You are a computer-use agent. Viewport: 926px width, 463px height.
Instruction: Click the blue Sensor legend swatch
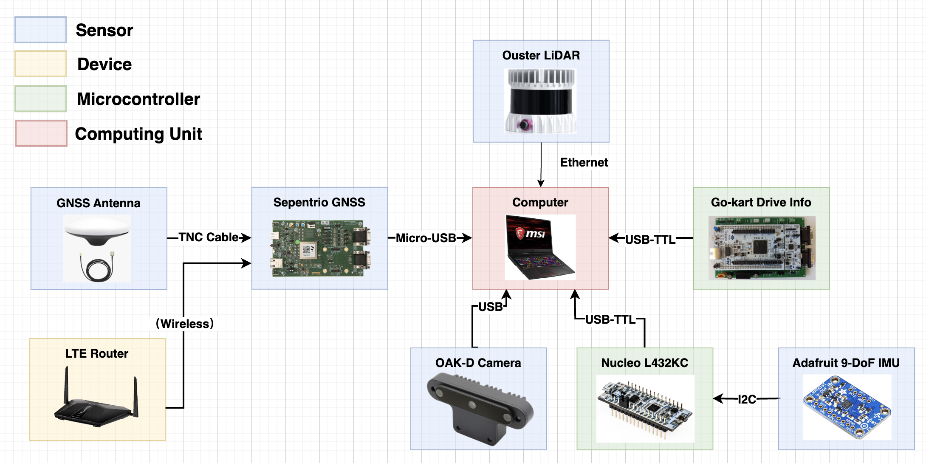(x=41, y=30)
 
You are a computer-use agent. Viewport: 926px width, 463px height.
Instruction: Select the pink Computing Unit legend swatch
(x=41, y=133)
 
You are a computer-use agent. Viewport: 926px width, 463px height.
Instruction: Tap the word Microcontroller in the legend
(x=138, y=99)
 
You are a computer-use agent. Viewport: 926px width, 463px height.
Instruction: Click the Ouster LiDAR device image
(x=540, y=101)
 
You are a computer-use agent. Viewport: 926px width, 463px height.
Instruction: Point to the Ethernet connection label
(x=584, y=162)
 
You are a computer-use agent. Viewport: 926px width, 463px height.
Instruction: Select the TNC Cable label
(x=208, y=237)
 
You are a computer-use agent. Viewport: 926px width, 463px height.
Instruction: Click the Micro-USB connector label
(x=426, y=238)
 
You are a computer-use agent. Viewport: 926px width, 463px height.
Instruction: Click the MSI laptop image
(x=539, y=247)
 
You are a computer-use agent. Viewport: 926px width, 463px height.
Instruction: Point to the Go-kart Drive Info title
(x=761, y=202)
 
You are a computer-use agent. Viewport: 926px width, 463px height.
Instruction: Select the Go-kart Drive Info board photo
(x=762, y=248)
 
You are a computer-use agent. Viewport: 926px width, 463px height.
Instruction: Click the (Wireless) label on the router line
(x=185, y=324)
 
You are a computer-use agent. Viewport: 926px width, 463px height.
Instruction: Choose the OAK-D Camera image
(x=479, y=407)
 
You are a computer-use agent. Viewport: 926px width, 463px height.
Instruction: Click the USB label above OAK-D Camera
(x=490, y=307)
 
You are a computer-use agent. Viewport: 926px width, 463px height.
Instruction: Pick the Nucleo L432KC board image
(x=645, y=408)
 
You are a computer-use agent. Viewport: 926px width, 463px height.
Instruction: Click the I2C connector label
(x=747, y=399)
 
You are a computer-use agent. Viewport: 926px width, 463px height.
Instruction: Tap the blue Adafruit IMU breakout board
(x=847, y=407)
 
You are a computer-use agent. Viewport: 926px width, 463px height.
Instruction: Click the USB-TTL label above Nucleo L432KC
(x=610, y=319)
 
